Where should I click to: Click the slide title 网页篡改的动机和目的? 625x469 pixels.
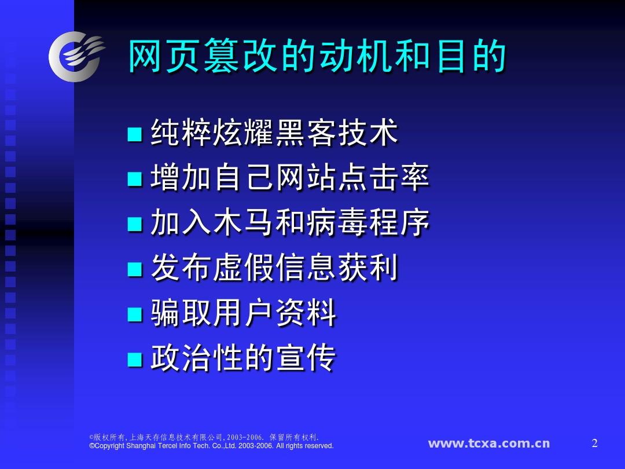click(317, 56)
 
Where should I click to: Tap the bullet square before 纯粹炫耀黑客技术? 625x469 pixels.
click(135, 134)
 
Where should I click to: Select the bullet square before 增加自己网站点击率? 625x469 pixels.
click(135, 179)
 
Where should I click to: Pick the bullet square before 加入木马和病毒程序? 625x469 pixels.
click(135, 224)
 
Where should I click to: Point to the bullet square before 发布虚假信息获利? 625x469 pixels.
click(135, 269)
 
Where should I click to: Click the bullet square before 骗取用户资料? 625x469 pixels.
click(135, 314)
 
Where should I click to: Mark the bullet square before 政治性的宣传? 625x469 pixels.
click(135, 359)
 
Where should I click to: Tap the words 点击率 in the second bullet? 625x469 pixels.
click(384, 177)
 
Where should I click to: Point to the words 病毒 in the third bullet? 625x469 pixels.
click(337, 222)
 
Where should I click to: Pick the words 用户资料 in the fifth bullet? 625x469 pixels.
click(275, 312)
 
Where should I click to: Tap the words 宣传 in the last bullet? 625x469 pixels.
click(306, 357)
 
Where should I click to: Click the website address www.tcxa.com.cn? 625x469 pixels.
click(489, 444)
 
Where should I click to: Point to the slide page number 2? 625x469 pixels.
click(595, 443)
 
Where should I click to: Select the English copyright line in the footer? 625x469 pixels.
click(211, 446)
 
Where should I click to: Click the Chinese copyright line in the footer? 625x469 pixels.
click(204, 437)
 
